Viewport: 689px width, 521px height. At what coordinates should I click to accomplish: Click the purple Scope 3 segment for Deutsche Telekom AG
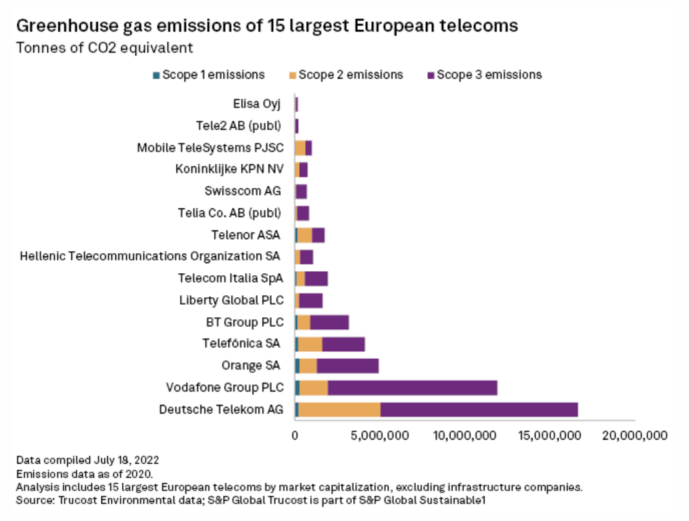point(479,409)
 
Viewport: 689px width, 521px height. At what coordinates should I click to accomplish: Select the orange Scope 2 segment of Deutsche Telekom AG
point(339,409)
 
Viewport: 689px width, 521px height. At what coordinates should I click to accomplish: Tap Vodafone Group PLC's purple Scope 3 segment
point(413,388)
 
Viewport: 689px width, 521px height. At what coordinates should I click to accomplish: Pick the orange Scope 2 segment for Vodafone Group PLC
point(314,388)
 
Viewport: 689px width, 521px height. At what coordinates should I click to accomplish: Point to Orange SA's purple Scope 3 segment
point(347,366)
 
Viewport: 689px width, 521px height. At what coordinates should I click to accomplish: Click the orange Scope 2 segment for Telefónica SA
point(310,344)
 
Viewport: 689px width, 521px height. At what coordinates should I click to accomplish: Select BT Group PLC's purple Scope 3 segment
point(329,323)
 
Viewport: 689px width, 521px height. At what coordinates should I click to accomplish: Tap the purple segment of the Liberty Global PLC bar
point(311,301)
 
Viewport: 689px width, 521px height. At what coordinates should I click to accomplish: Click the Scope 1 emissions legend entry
point(209,75)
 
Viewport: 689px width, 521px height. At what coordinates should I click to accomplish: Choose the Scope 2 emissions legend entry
point(345,75)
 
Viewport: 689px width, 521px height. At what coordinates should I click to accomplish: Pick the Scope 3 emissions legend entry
point(483,75)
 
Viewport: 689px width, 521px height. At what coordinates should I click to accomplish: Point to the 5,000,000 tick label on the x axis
point(380,436)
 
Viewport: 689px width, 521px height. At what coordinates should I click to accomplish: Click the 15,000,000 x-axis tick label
point(549,436)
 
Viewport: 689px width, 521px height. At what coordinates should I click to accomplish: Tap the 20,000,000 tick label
point(634,436)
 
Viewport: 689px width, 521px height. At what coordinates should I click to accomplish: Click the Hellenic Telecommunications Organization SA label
point(150,256)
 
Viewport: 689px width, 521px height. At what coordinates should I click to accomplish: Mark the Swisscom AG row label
point(242,191)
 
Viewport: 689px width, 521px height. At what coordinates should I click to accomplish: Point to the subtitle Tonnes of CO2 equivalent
point(105,48)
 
